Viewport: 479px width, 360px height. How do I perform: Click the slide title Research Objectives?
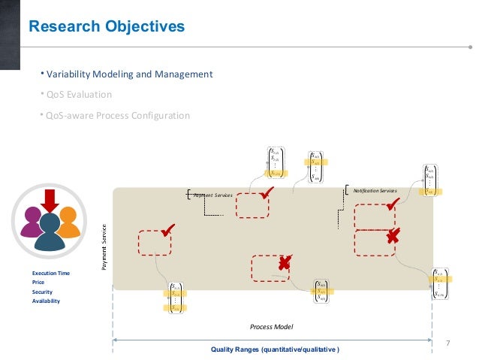click(x=106, y=28)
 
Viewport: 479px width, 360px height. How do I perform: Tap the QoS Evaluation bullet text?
click(x=78, y=95)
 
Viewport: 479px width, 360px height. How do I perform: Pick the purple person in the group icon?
click(x=32, y=222)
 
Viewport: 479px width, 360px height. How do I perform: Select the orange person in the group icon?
click(x=68, y=222)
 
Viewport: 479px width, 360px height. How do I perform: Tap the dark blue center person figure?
click(x=50, y=233)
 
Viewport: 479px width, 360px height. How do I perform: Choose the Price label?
click(x=38, y=283)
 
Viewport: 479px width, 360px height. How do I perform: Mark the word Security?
click(x=42, y=292)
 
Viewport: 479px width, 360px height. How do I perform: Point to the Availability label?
click(x=46, y=301)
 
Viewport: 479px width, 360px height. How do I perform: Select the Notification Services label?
click(x=375, y=191)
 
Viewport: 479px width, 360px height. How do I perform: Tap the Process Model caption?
click(x=272, y=327)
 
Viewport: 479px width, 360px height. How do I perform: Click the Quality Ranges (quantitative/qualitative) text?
click(x=275, y=349)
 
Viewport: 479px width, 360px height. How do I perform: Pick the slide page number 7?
click(x=448, y=343)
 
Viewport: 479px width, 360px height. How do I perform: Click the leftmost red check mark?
click(x=168, y=230)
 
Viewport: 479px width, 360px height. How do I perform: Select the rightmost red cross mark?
click(x=392, y=238)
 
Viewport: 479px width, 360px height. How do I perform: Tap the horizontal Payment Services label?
click(x=213, y=195)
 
